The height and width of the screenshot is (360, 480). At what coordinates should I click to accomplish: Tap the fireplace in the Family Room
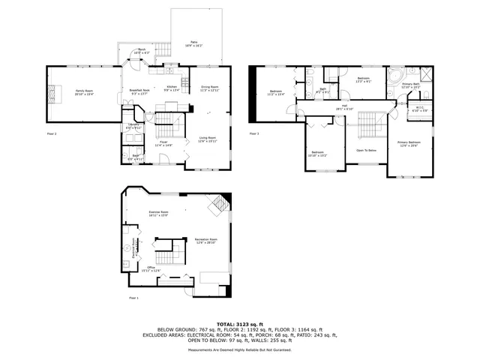51,93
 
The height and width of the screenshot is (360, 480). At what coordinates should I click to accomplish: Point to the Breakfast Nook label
140,91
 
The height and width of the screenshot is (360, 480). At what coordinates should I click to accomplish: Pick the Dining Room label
210,88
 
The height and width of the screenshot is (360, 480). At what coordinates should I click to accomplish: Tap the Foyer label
163,143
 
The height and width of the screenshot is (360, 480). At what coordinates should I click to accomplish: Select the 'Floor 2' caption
52,133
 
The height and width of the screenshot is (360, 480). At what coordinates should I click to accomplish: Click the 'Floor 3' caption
255,133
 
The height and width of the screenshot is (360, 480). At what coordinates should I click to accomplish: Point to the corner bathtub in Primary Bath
396,73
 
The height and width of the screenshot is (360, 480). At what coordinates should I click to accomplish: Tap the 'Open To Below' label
366,150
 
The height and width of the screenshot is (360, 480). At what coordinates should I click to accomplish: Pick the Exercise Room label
158,214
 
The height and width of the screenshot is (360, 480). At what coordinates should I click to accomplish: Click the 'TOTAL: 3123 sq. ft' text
240,323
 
